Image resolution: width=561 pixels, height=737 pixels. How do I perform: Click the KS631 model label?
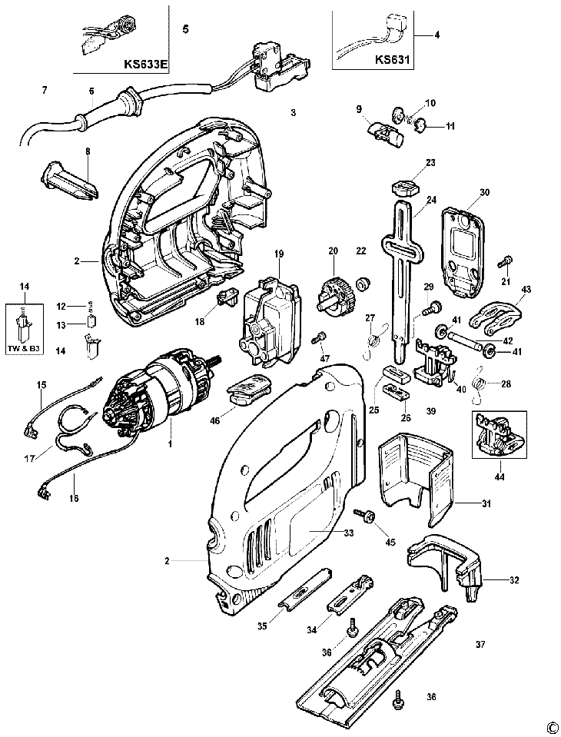pyautogui.click(x=393, y=60)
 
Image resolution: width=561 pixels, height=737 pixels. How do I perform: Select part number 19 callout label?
pyautogui.click(x=279, y=254)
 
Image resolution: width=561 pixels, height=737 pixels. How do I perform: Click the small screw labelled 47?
pyautogui.click(x=319, y=338)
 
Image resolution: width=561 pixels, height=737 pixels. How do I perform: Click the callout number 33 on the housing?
pyautogui.click(x=349, y=533)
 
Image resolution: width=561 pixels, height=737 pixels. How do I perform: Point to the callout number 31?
pyautogui.click(x=486, y=504)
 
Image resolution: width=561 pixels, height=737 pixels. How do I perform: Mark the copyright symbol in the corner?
pyautogui.click(x=552, y=729)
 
